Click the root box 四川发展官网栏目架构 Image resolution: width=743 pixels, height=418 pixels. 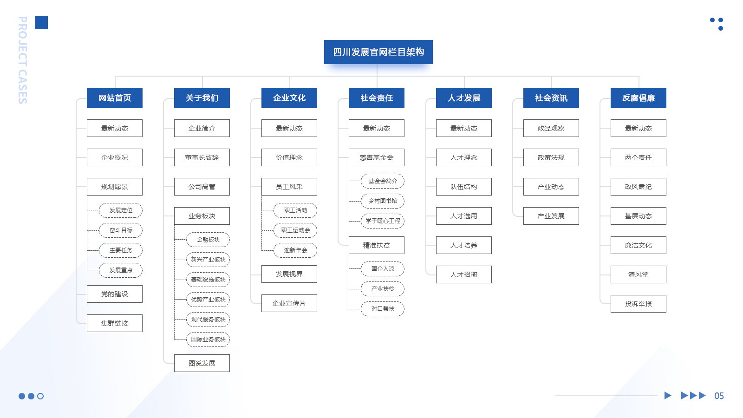(x=378, y=52)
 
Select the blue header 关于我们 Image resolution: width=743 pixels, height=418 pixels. (x=202, y=98)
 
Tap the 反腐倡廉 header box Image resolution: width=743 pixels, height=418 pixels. (x=639, y=98)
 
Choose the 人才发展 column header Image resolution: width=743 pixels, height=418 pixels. (x=464, y=98)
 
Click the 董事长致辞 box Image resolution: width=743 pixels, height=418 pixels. (x=202, y=157)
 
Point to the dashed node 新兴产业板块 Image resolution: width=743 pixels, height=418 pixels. (x=208, y=260)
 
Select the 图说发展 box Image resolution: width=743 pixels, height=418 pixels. (x=202, y=363)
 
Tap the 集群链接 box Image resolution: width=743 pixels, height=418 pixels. (x=115, y=323)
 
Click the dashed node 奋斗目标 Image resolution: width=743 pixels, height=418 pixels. (x=121, y=230)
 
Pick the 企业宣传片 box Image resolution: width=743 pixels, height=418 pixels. (x=289, y=303)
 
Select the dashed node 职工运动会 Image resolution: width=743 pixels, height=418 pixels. (x=295, y=230)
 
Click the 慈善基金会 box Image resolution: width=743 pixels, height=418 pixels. (x=377, y=157)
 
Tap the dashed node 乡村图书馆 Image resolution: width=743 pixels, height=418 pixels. (x=383, y=201)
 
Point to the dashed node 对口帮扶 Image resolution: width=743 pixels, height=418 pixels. (x=383, y=309)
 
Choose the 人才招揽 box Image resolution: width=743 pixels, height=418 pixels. (x=464, y=274)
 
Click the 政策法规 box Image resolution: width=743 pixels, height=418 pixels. (x=551, y=157)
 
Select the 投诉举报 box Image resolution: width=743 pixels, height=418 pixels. (x=639, y=304)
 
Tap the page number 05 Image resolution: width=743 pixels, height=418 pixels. (x=719, y=396)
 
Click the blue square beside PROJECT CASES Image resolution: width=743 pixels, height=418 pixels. (x=41, y=23)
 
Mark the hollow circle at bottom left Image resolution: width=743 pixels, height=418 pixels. (x=40, y=396)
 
